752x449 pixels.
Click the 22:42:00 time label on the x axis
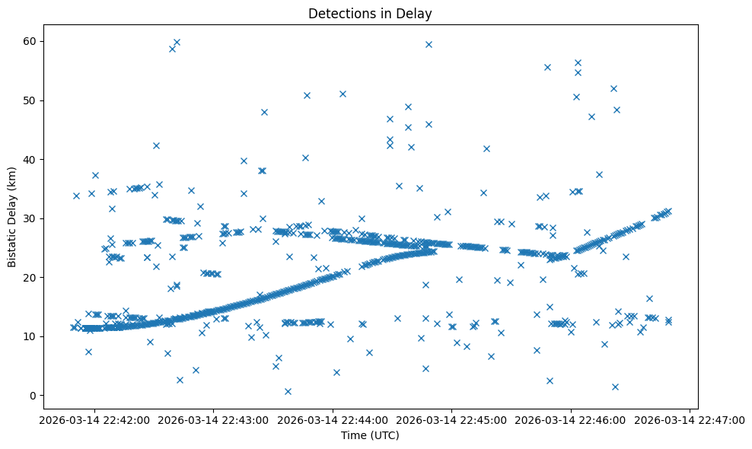point(94,419)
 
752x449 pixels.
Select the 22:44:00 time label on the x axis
point(333,419)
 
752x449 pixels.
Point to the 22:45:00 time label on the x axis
point(451,419)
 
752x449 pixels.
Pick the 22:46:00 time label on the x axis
point(571,419)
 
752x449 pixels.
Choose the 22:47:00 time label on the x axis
point(690,419)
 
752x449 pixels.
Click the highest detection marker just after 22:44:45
point(429,44)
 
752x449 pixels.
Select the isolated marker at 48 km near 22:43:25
point(264,112)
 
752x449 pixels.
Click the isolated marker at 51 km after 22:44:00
point(343,94)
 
